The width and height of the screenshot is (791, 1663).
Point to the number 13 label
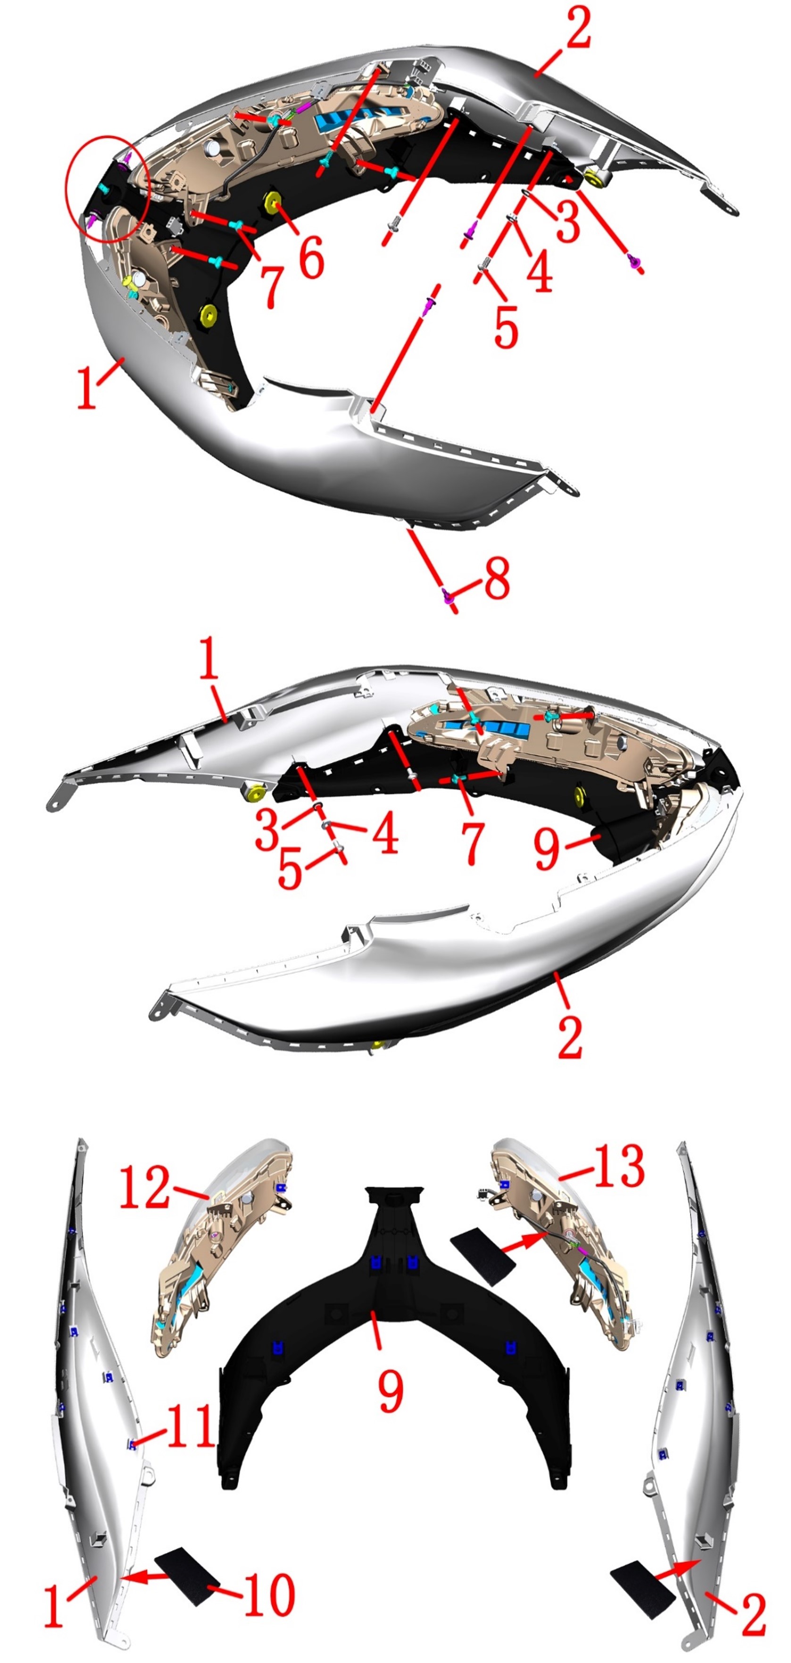[x=618, y=1166]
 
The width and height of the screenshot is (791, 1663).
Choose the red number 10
[x=270, y=1595]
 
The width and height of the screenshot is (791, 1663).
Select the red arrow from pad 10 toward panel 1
[x=146, y=1573]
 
